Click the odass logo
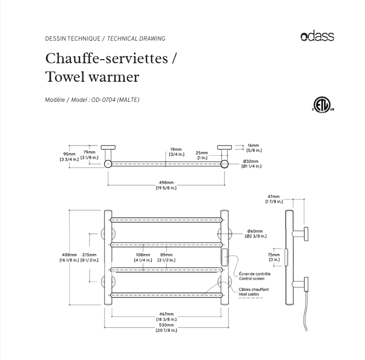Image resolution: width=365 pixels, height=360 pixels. coord(317,36)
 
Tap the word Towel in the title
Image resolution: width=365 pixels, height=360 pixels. coord(64,77)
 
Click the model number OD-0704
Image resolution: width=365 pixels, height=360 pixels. coord(103,100)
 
